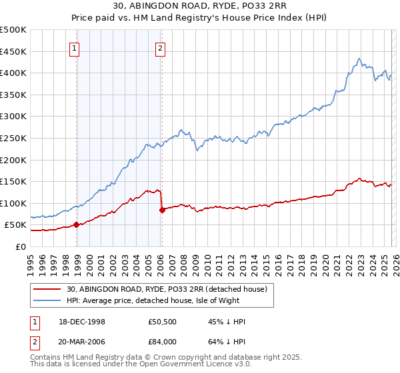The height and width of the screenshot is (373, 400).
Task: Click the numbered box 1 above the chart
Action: pos(73,48)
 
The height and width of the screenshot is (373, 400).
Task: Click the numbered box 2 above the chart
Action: pos(161,48)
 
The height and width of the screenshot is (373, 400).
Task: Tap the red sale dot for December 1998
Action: pos(77,224)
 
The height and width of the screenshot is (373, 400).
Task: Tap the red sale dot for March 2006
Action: pos(162,210)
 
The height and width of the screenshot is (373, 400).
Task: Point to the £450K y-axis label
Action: pos(13,51)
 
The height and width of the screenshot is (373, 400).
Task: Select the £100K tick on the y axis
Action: pos(13,203)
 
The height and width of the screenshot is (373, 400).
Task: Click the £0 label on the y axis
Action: pos(21,246)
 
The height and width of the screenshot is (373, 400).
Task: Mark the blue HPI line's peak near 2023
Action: pos(359,58)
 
